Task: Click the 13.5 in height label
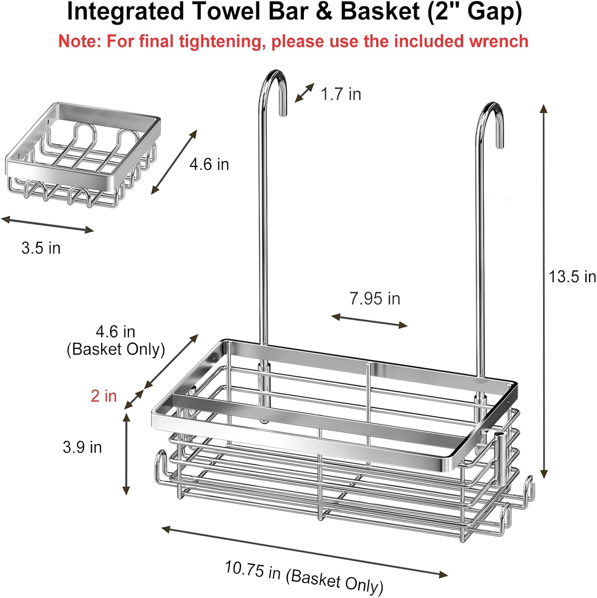pos(572,277)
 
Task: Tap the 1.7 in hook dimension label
pos(341,94)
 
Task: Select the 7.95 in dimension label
pos(375,299)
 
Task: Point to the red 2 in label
pos(104,396)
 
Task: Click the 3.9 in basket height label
pos(82,447)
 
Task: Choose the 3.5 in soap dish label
pos(41,248)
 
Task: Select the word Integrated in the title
pos(125,12)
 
